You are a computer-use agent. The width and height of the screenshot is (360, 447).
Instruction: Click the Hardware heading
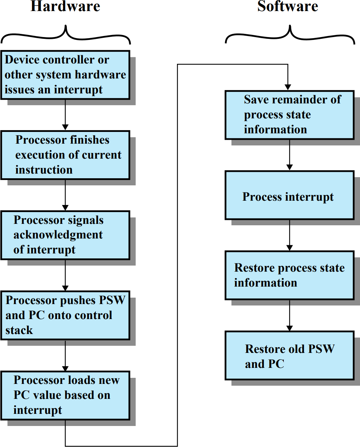[x=65, y=6]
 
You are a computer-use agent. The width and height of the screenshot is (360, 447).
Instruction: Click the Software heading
[x=288, y=6]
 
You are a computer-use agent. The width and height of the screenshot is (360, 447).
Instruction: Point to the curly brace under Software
[x=290, y=35]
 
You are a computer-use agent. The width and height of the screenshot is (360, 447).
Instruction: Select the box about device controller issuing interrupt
[x=65, y=75]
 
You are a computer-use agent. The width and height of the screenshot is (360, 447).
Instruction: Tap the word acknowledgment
[x=58, y=235]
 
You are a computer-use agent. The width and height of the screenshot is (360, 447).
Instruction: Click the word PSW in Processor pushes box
[x=112, y=300]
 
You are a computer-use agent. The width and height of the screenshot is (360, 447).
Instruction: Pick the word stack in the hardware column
[x=19, y=330]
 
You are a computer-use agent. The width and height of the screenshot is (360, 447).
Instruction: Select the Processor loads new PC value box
[x=65, y=395]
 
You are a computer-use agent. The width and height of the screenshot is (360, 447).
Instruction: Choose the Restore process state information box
[x=289, y=275]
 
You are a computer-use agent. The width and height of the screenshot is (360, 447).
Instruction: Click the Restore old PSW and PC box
[x=289, y=356]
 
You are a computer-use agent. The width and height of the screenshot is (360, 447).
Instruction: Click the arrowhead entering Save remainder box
[x=288, y=87]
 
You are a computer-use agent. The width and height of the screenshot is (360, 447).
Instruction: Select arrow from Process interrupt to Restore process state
[x=289, y=235]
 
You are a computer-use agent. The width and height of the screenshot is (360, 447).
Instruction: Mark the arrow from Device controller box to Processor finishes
[x=65, y=115]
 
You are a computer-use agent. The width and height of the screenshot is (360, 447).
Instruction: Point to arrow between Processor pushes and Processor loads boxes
[x=65, y=355]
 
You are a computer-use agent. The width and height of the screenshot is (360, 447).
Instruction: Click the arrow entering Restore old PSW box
[x=289, y=315]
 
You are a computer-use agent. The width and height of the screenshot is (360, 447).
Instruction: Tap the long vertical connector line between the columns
[x=177, y=250]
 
